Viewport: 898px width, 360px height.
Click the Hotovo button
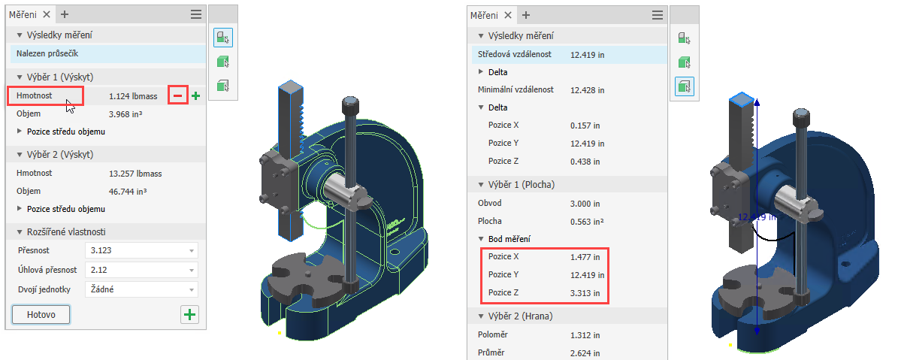(x=41, y=314)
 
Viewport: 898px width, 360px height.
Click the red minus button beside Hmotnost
(x=178, y=96)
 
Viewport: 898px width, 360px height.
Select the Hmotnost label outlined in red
(x=35, y=95)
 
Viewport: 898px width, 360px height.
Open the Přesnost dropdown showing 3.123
(x=141, y=250)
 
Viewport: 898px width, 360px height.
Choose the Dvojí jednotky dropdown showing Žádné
(x=141, y=289)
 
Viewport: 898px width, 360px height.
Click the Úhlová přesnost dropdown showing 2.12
(x=141, y=270)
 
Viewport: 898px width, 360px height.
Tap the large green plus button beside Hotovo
(x=189, y=314)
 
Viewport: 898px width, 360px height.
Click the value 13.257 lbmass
(x=132, y=173)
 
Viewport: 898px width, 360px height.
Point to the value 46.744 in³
(x=126, y=191)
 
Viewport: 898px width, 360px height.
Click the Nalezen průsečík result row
(x=107, y=54)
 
